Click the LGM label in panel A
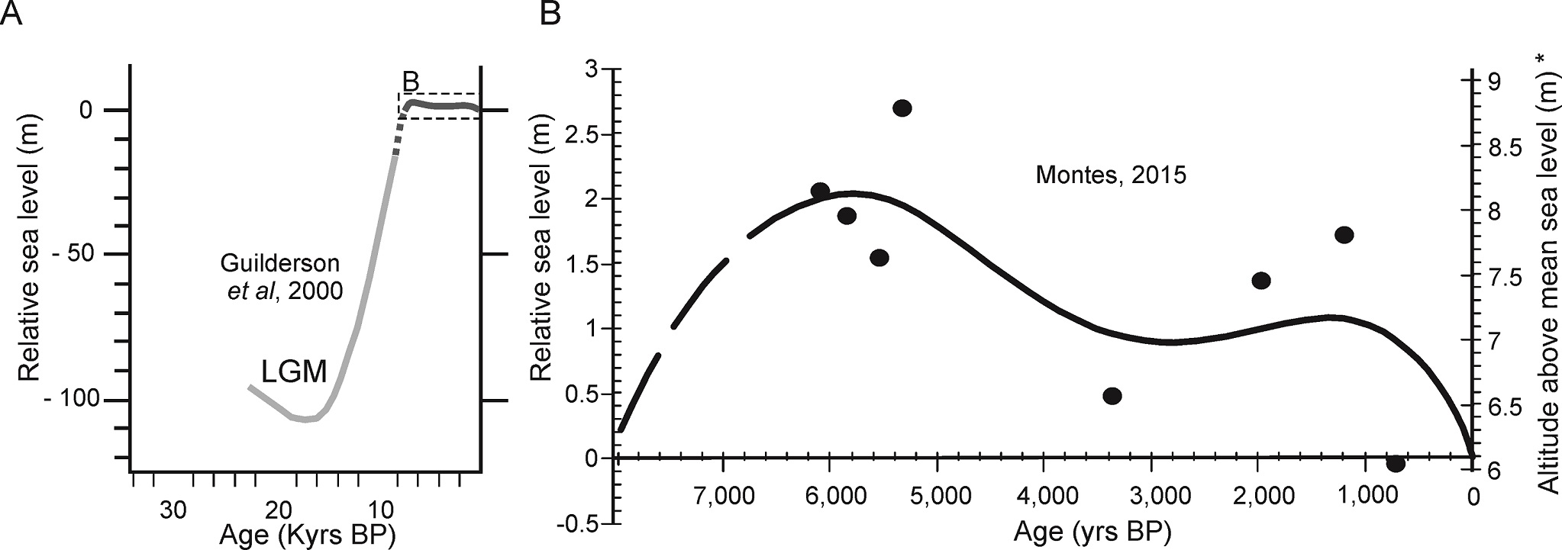(294, 372)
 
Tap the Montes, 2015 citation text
(1111, 175)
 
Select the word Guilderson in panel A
(279, 264)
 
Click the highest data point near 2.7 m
(902, 108)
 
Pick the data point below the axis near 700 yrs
(1396, 463)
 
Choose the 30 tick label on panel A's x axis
(173, 510)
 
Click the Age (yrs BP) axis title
(1092, 532)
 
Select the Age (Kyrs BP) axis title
(307, 535)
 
